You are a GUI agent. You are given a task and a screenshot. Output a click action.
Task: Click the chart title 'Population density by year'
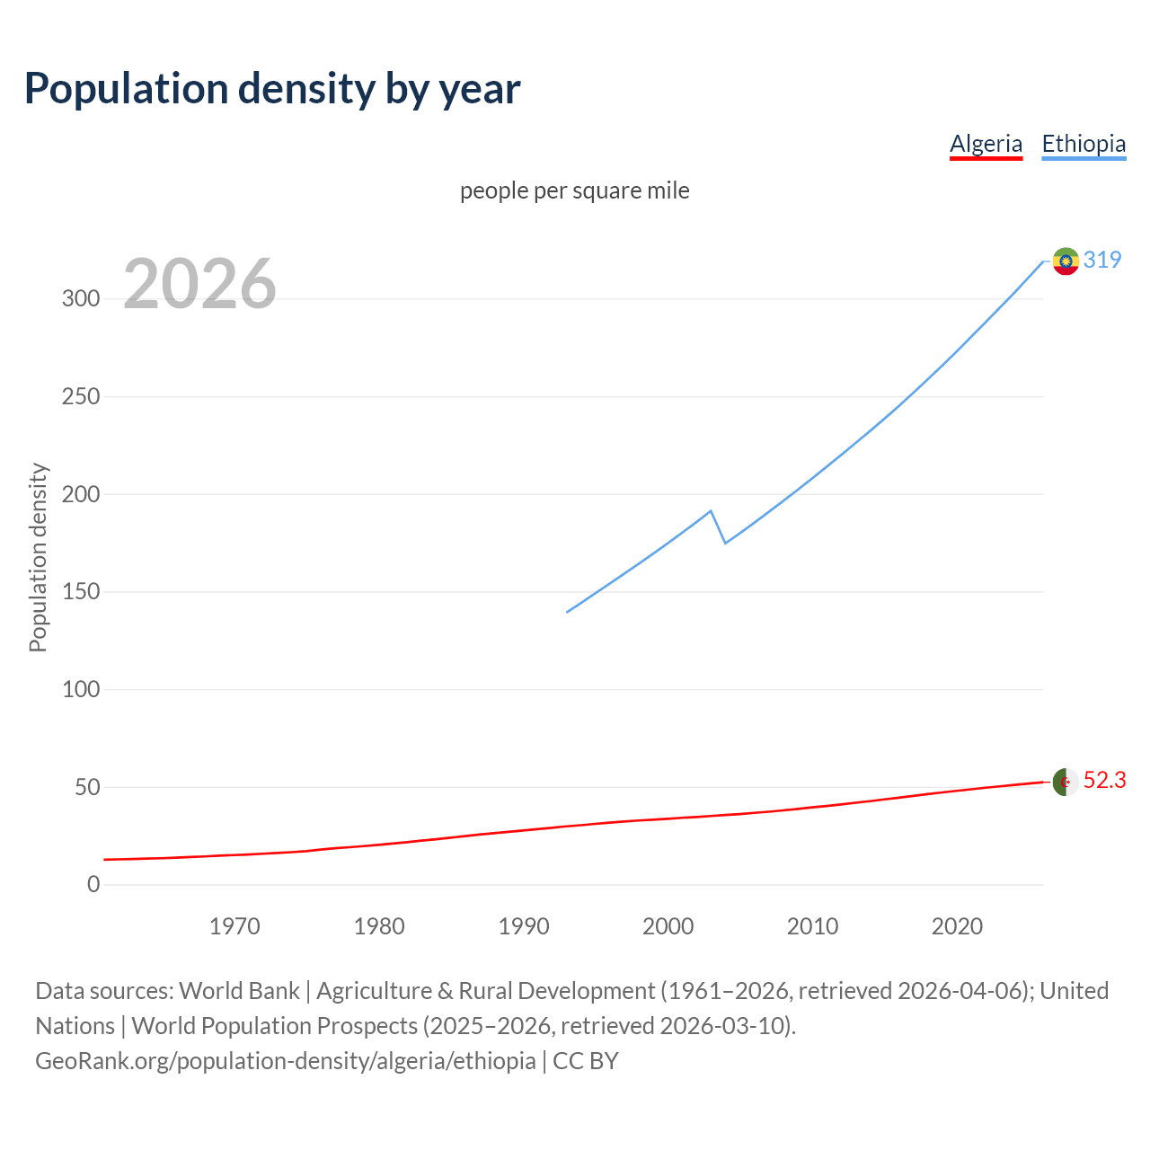(272, 88)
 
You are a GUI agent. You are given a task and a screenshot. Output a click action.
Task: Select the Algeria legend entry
(986, 144)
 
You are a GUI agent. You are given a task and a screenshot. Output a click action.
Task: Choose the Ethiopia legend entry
(1084, 144)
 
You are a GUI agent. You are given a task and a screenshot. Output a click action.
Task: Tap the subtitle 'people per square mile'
(574, 190)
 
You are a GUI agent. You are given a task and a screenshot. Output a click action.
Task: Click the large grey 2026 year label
(199, 284)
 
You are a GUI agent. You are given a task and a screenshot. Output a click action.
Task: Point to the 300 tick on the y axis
(81, 299)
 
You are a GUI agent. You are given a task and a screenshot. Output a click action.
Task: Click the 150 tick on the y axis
(81, 592)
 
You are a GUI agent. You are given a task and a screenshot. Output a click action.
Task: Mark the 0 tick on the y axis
(93, 885)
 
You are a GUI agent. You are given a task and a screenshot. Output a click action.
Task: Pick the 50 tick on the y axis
(87, 788)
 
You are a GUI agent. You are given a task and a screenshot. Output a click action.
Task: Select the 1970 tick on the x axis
(234, 926)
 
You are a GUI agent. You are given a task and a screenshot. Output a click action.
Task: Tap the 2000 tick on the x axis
(668, 926)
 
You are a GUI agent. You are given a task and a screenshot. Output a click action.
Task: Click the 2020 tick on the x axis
(957, 926)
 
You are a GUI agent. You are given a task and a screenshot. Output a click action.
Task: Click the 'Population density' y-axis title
(38, 557)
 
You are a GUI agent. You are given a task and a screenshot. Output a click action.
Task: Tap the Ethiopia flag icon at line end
(1066, 261)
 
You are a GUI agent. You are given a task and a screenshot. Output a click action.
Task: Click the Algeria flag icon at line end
(1066, 782)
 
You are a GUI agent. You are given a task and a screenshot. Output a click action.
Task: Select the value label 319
(1102, 260)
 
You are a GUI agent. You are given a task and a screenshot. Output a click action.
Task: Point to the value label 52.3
(1104, 781)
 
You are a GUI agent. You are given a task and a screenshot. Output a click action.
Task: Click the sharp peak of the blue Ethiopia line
(711, 511)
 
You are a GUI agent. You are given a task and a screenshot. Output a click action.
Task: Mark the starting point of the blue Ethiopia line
(567, 613)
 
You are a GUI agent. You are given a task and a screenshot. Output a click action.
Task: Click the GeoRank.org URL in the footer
(286, 1061)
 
